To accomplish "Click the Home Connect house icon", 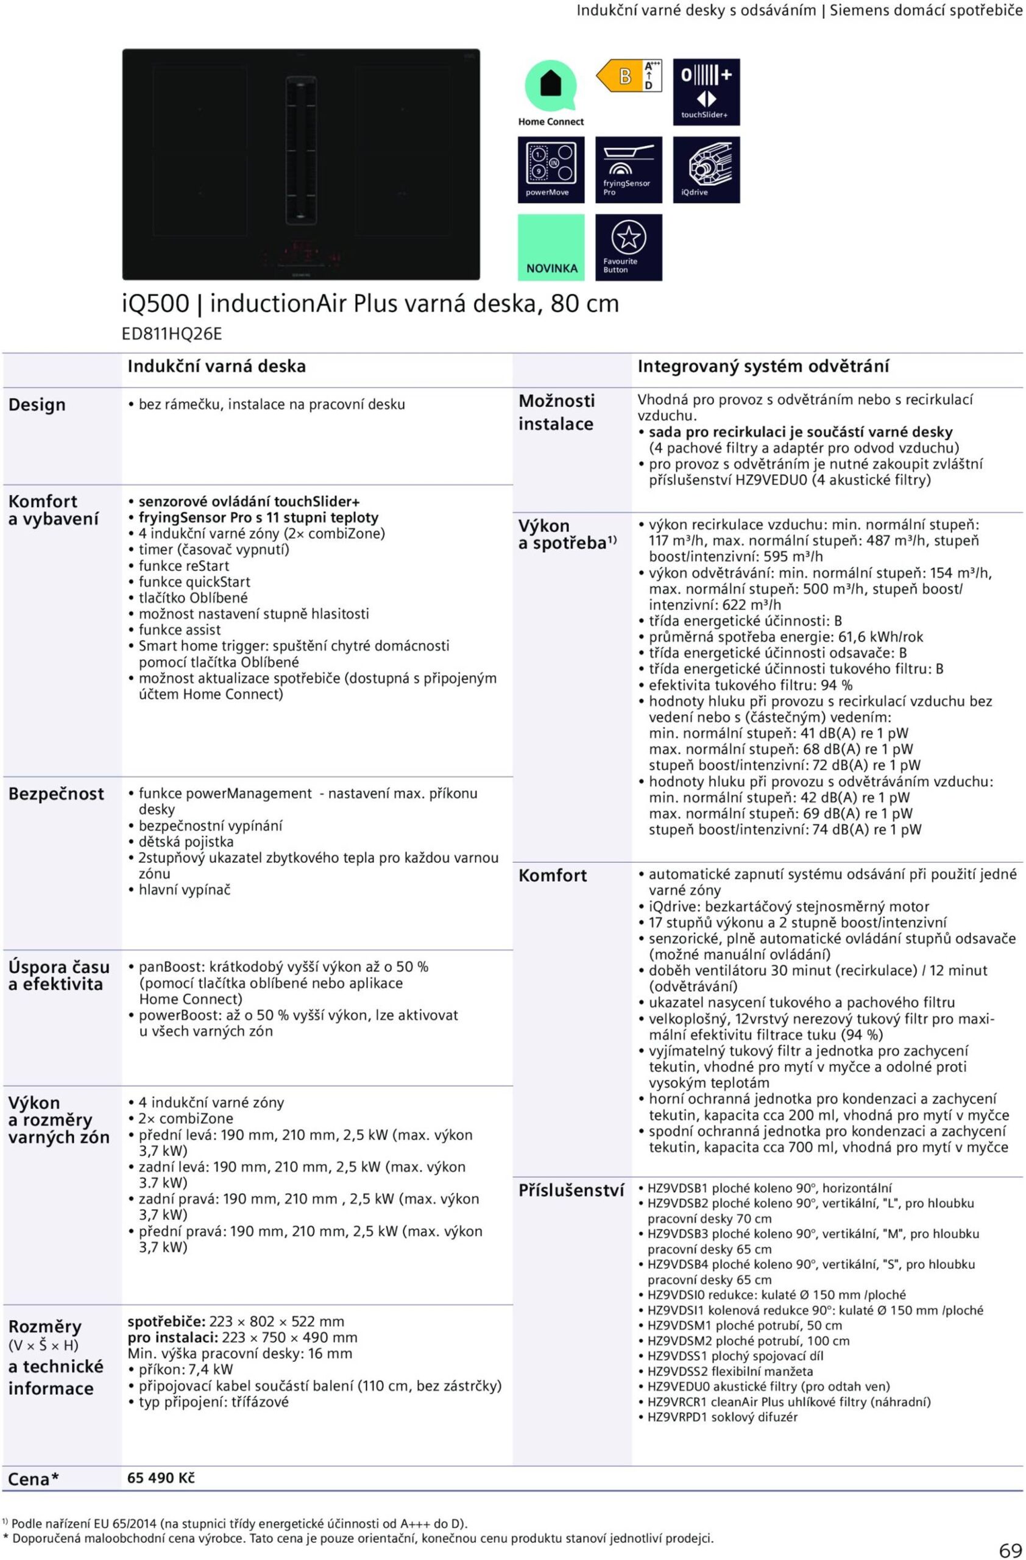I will click(550, 85).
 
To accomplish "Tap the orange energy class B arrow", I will click(618, 76).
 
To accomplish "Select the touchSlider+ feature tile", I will click(706, 93).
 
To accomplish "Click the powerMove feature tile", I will click(550, 170).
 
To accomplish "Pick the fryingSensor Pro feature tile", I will click(628, 170).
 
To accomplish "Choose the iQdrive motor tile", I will click(706, 170).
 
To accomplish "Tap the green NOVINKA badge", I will click(551, 247).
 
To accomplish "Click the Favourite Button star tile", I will click(628, 247).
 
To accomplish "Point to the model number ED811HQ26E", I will click(172, 335).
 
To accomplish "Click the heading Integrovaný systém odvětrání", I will click(763, 366).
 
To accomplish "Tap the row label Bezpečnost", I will click(55, 794).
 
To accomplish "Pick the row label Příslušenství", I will click(571, 1190).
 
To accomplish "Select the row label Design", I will click(37, 405).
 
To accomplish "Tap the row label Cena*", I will click(34, 1480).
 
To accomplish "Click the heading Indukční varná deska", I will click(216, 366).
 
